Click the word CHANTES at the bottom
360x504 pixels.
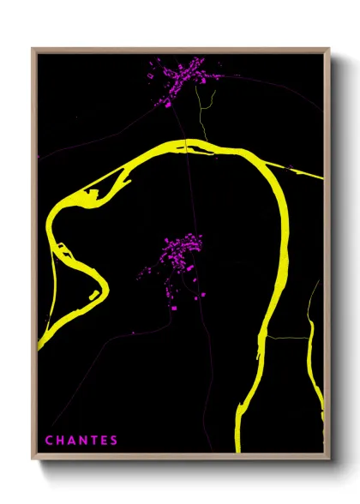click(x=81, y=441)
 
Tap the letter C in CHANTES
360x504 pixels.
click(x=49, y=441)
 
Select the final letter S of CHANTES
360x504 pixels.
click(x=114, y=441)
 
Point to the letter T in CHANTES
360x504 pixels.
click(x=93, y=441)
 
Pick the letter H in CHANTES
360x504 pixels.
click(x=59, y=441)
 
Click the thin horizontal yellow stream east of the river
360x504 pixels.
click(x=287, y=338)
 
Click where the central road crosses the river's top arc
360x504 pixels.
click(x=185, y=145)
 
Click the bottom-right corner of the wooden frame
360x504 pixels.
click(x=328, y=457)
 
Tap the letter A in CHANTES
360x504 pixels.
click(x=70, y=441)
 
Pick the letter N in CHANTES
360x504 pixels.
click(x=81, y=441)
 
